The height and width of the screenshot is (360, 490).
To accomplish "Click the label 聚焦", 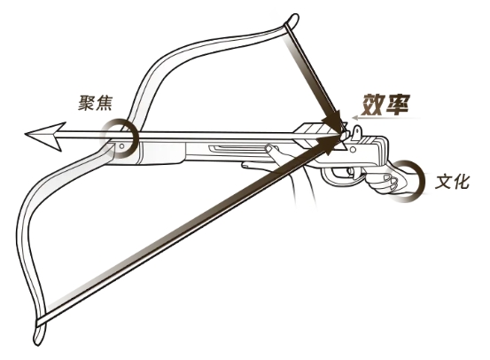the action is [x=95, y=103].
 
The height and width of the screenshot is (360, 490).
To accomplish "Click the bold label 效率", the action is [x=385, y=104].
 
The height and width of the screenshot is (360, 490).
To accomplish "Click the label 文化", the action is [x=452, y=181].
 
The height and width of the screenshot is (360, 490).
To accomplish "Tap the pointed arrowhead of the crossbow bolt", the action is [x=45, y=136].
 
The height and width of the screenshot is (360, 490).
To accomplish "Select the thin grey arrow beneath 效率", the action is [x=385, y=118].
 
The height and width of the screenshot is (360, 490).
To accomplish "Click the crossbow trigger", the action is [x=351, y=172].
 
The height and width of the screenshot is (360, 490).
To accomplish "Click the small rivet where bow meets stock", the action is [x=122, y=146].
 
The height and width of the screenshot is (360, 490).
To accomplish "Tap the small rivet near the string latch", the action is [x=353, y=150].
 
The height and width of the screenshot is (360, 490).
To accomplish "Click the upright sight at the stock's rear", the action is [x=357, y=132].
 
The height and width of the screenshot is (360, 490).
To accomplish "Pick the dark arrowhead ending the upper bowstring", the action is [x=334, y=121].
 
